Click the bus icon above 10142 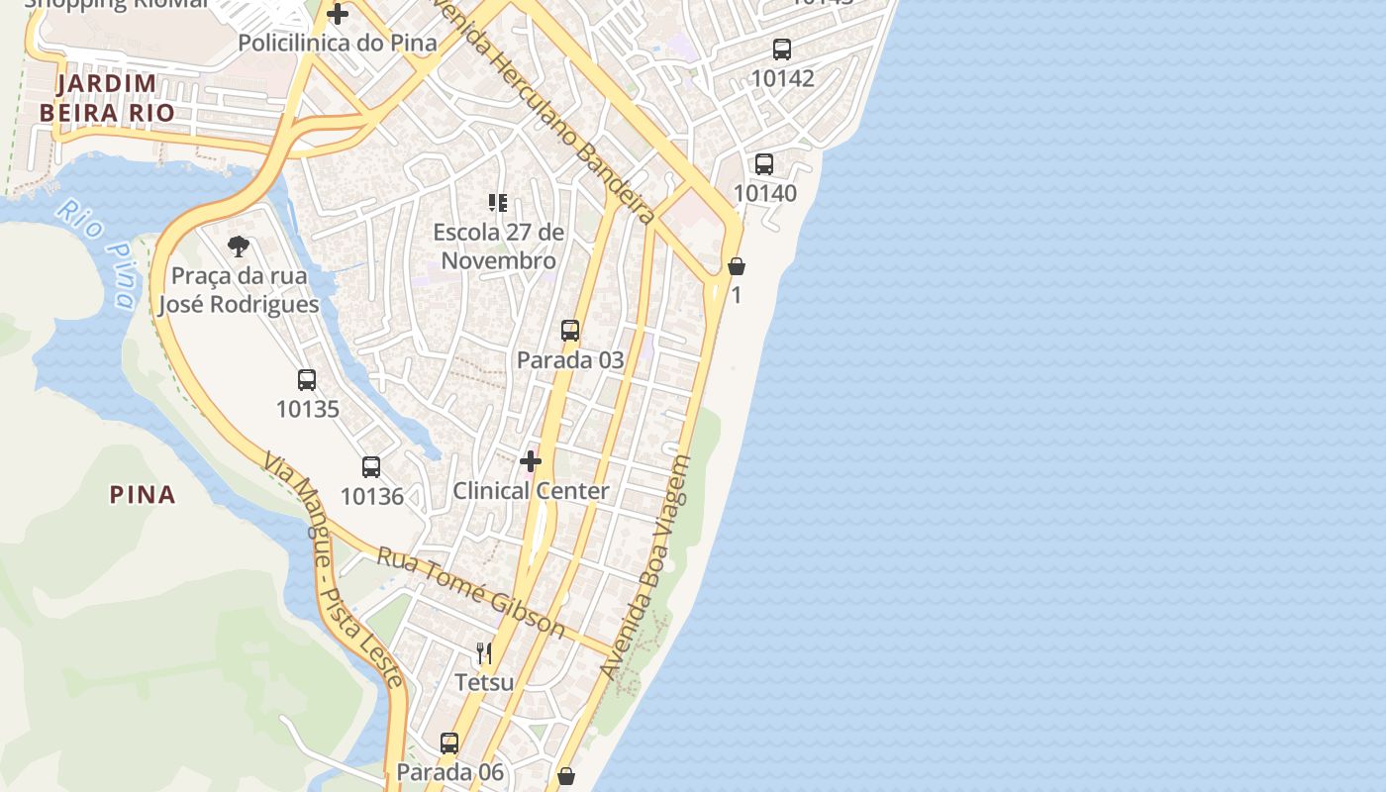point(782,49)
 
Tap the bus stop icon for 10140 point(764,164)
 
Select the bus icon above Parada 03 point(570,331)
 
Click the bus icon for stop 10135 point(307,380)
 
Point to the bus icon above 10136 point(371,467)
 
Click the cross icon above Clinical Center point(531,461)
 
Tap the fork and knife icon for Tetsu point(484,653)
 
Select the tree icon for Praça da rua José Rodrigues point(238,247)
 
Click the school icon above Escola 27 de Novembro point(498,204)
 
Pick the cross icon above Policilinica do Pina point(338,14)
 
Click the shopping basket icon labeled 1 point(737,266)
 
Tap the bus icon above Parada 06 point(449,742)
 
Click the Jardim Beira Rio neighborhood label point(107,98)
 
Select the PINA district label point(143,494)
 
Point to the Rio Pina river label point(97,252)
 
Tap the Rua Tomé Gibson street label point(470,592)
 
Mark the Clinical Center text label point(531,491)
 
